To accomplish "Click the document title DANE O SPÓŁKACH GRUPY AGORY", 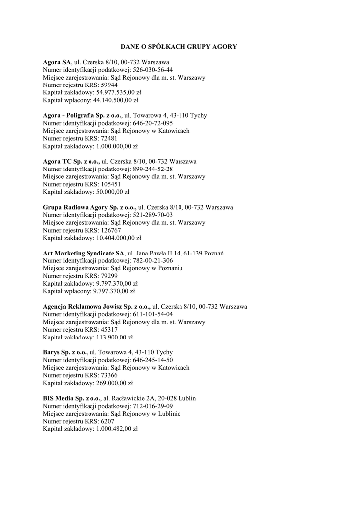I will tap(180, 46).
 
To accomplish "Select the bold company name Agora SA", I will tap(57, 62).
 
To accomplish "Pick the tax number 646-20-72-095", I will tap(153, 123).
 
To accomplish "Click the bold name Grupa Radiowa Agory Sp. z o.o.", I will tap(90, 207).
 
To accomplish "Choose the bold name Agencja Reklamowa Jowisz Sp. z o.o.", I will tap(96, 306).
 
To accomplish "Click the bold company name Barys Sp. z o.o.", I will tap(64, 352).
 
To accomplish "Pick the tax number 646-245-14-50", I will tap(153, 360).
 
